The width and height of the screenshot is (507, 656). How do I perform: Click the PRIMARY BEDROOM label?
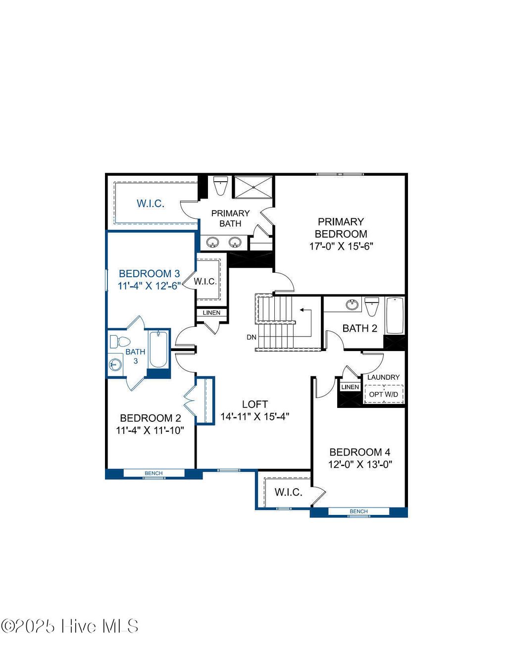(x=341, y=228)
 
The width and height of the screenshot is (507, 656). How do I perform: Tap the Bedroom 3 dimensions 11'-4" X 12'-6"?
(x=149, y=286)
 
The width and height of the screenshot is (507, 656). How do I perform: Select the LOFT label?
(x=255, y=404)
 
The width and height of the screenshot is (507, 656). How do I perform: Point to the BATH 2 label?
(x=359, y=328)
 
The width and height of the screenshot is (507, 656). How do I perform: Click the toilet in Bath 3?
(x=119, y=342)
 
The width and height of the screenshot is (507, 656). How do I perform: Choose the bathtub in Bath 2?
(x=395, y=315)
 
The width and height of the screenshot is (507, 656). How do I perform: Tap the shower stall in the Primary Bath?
(x=253, y=187)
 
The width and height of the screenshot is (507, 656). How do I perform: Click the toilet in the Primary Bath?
(x=220, y=185)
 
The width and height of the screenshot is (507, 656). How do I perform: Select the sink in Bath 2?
(x=352, y=304)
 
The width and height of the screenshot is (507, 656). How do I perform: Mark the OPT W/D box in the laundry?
(x=384, y=394)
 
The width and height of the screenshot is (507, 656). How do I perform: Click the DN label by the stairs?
(x=252, y=337)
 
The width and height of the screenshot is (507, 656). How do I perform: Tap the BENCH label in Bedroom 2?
(x=153, y=473)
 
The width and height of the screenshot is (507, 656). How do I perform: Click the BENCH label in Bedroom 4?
(x=358, y=511)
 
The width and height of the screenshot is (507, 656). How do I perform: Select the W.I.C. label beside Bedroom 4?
(x=288, y=492)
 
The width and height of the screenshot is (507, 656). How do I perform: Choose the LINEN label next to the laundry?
(x=350, y=387)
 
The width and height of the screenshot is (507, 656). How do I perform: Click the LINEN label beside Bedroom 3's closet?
(x=211, y=313)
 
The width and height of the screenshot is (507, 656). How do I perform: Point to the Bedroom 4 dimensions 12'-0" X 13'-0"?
(x=360, y=464)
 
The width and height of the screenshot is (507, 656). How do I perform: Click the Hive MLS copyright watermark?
(x=70, y=626)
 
